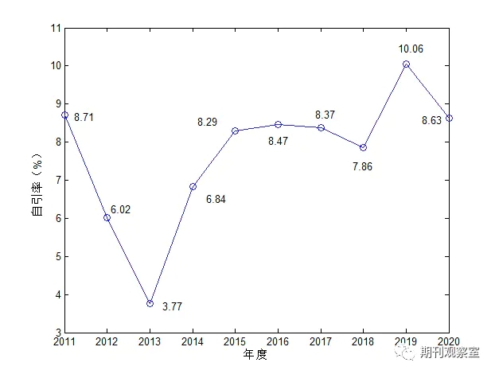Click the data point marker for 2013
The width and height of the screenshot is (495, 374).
tap(150, 303)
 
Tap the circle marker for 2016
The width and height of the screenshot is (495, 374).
tap(278, 124)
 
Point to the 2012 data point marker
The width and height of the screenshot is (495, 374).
tap(107, 217)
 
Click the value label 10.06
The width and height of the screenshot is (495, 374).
tap(411, 49)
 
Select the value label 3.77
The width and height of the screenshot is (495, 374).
tap(173, 306)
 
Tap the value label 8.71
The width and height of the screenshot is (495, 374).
tap(84, 118)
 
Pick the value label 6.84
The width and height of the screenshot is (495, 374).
tap(216, 200)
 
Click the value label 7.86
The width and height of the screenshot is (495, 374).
tap(362, 167)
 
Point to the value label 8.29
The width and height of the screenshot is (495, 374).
tap(207, 123)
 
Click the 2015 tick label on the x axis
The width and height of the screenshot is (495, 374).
tap(235, 343)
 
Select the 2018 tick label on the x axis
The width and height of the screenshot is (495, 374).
tap(364, 343)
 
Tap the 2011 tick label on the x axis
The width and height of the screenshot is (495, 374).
tap(64, 343)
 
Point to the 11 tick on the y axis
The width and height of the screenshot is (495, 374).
tap(55, 28)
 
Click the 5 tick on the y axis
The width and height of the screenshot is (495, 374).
tap(57, 257)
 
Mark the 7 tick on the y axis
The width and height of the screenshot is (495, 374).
tap(57, 181)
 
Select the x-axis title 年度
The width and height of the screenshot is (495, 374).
tap(256, 356)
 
